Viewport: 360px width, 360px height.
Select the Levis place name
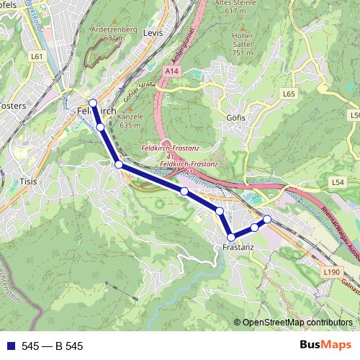pyautogui.click(x=153, y=33)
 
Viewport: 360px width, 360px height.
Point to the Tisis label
pyautogui.click(x=28, y=182)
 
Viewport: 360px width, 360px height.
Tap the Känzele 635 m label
pyautogui.click(x=130, y=120)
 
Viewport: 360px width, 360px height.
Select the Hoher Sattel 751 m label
pyautogui.click(x=242, y=43)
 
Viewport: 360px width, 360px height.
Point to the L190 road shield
pyautogui.click(x=331, y=271)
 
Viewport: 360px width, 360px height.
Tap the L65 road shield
pyautogui.click(x=289, y=94)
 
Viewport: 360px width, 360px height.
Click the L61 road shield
pyautogui.click(x=38, y=55)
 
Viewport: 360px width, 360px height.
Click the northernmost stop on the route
pyautogui.click(x=93, y=103)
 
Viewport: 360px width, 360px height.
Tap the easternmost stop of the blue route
pyautogui.click(x=267, y=219)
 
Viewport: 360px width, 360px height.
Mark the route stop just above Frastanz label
pyautogui.click(x=231, y=237)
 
